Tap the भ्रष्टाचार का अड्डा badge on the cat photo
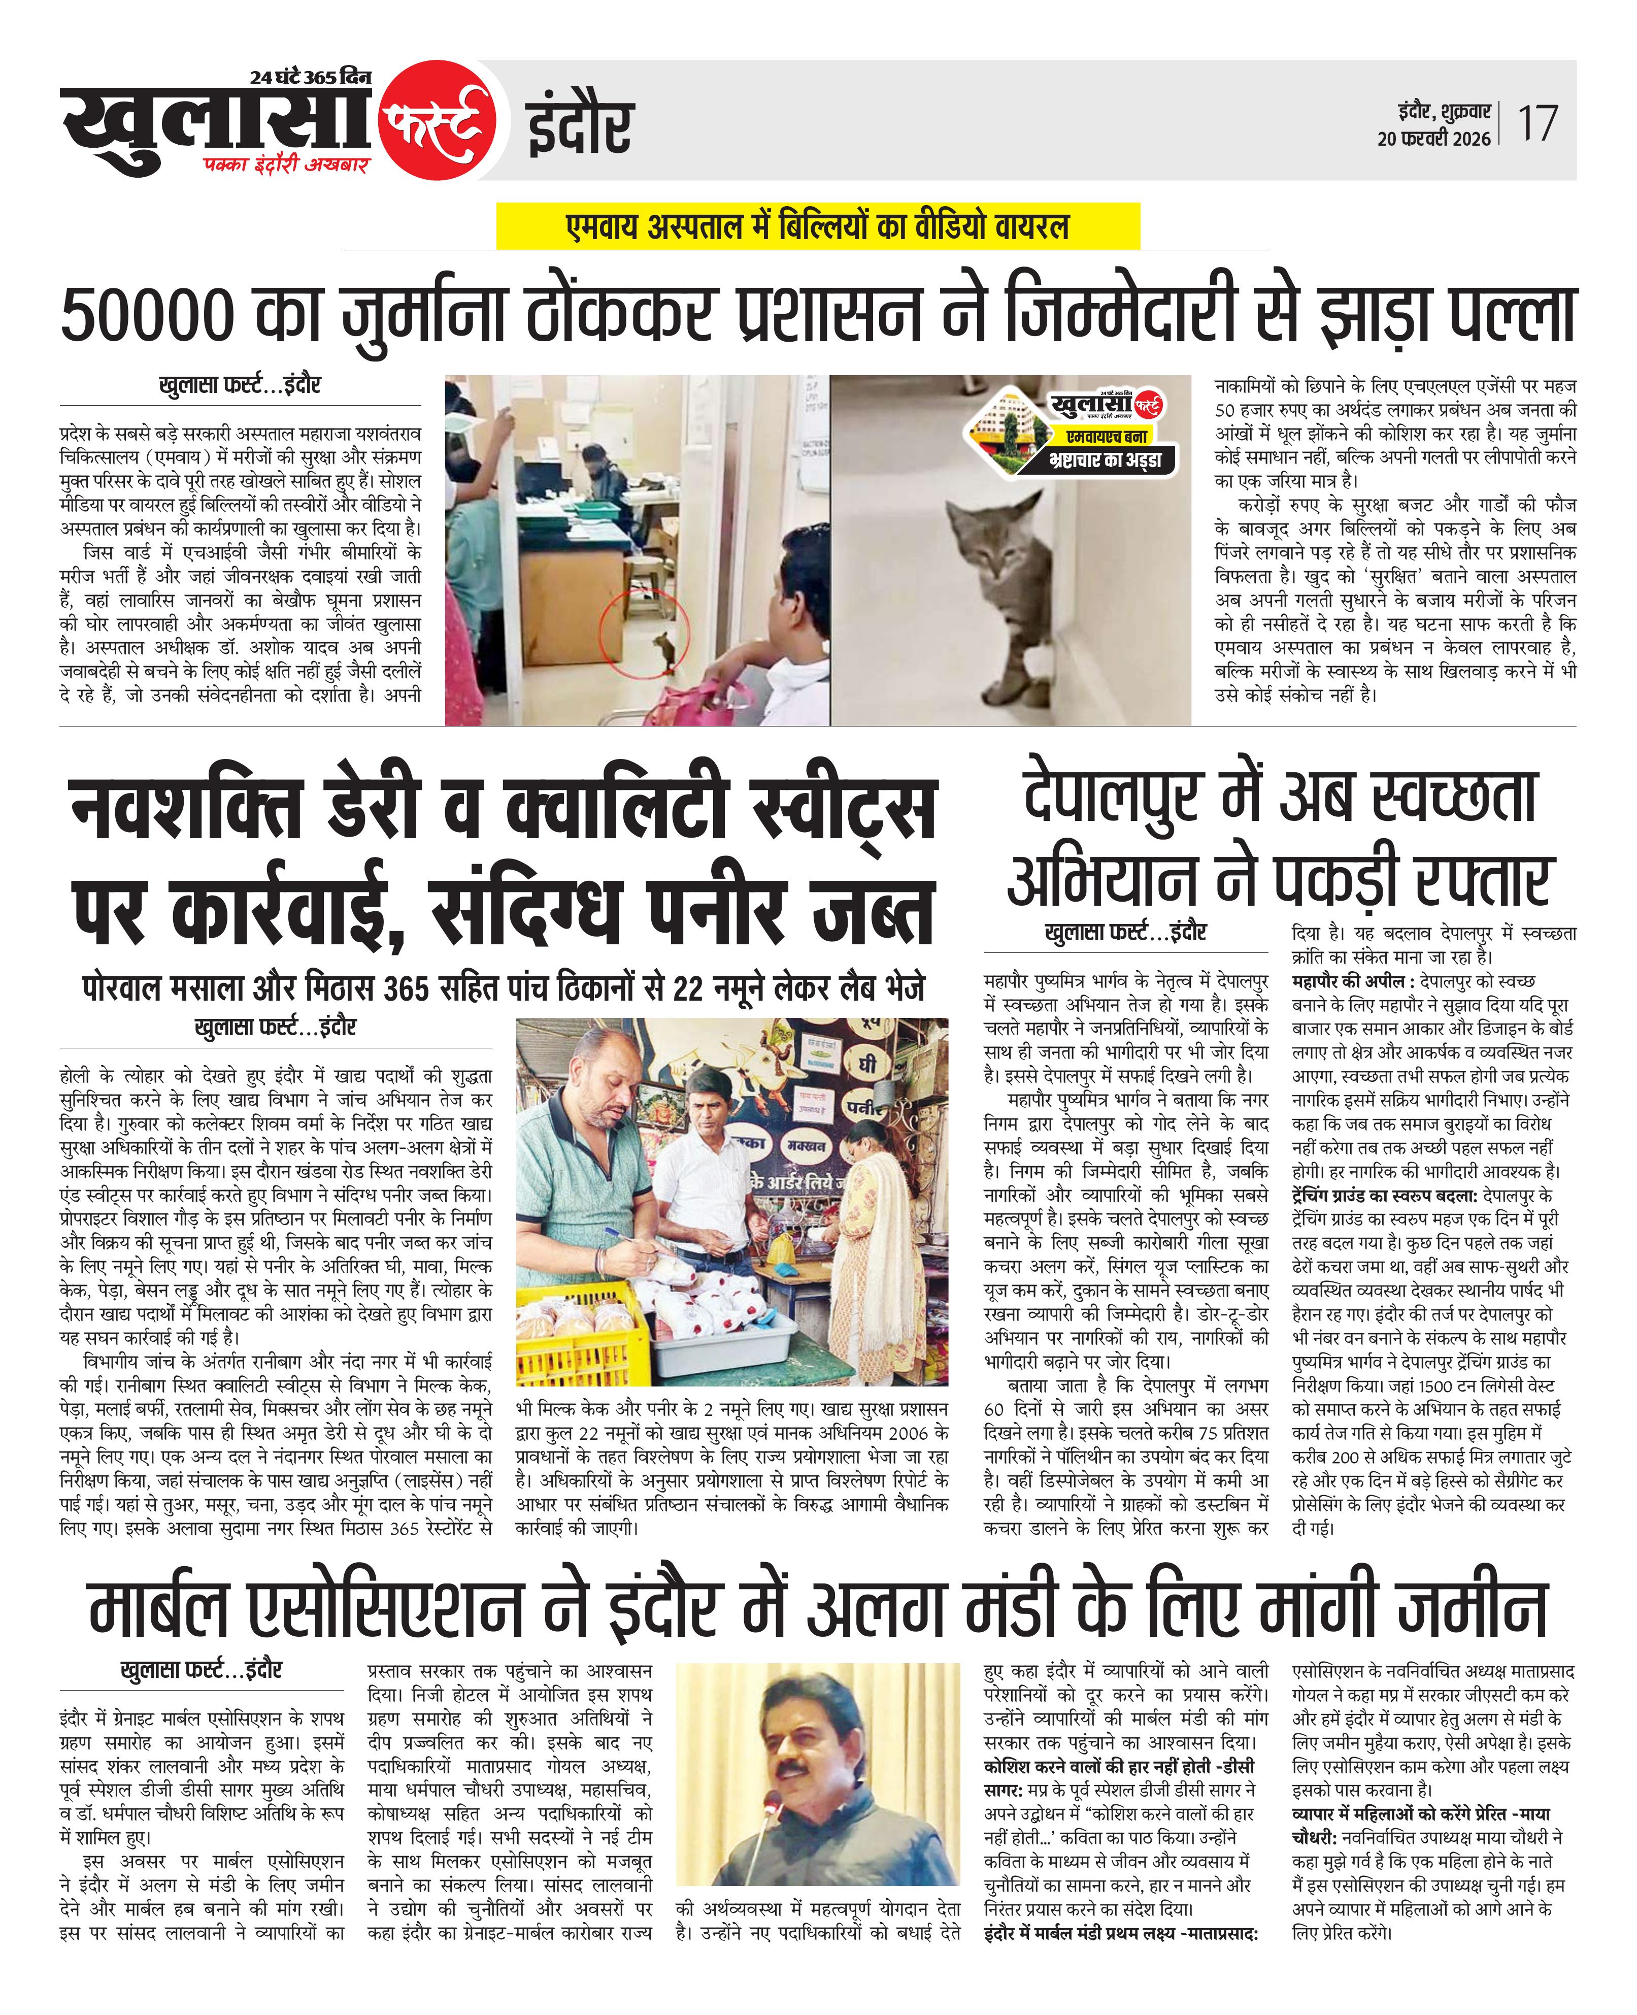click(1104, 460)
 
